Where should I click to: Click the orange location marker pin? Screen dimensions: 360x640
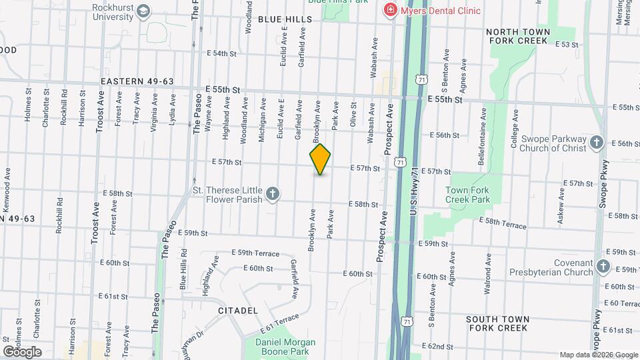[320, 159]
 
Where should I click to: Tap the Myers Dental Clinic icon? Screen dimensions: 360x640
[389, 11]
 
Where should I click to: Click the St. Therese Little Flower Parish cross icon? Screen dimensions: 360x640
[272, 194]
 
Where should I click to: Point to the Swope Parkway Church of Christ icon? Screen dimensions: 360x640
[597, 143]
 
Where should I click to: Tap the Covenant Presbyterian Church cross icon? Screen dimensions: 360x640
[603, 267]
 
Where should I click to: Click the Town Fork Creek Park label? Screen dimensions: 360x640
[467, 195]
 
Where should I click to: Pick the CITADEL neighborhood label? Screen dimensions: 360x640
[238, 311]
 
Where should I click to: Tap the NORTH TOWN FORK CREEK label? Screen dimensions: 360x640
[518, 36]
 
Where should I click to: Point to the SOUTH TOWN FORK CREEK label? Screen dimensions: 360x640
[497, 323]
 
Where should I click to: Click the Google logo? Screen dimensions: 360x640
[22, 351]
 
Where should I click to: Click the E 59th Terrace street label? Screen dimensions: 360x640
[255, 253]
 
